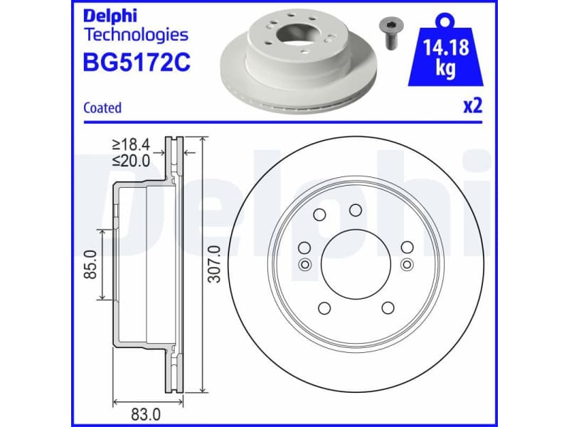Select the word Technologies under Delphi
(x=136, y=34)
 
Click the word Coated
(x=102, y=108)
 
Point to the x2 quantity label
(x=473, y=107)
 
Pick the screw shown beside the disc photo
(x=389, y=31)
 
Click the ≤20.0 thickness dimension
(x=131, y=161)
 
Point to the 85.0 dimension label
(x=90, y=264)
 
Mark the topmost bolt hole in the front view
(x=356, y=209)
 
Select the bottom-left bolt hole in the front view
(x=324, y=307)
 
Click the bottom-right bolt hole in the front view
(x=388, y=307)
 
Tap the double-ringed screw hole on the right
(x=407, y=265)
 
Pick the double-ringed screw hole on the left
(x=304, y=265)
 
